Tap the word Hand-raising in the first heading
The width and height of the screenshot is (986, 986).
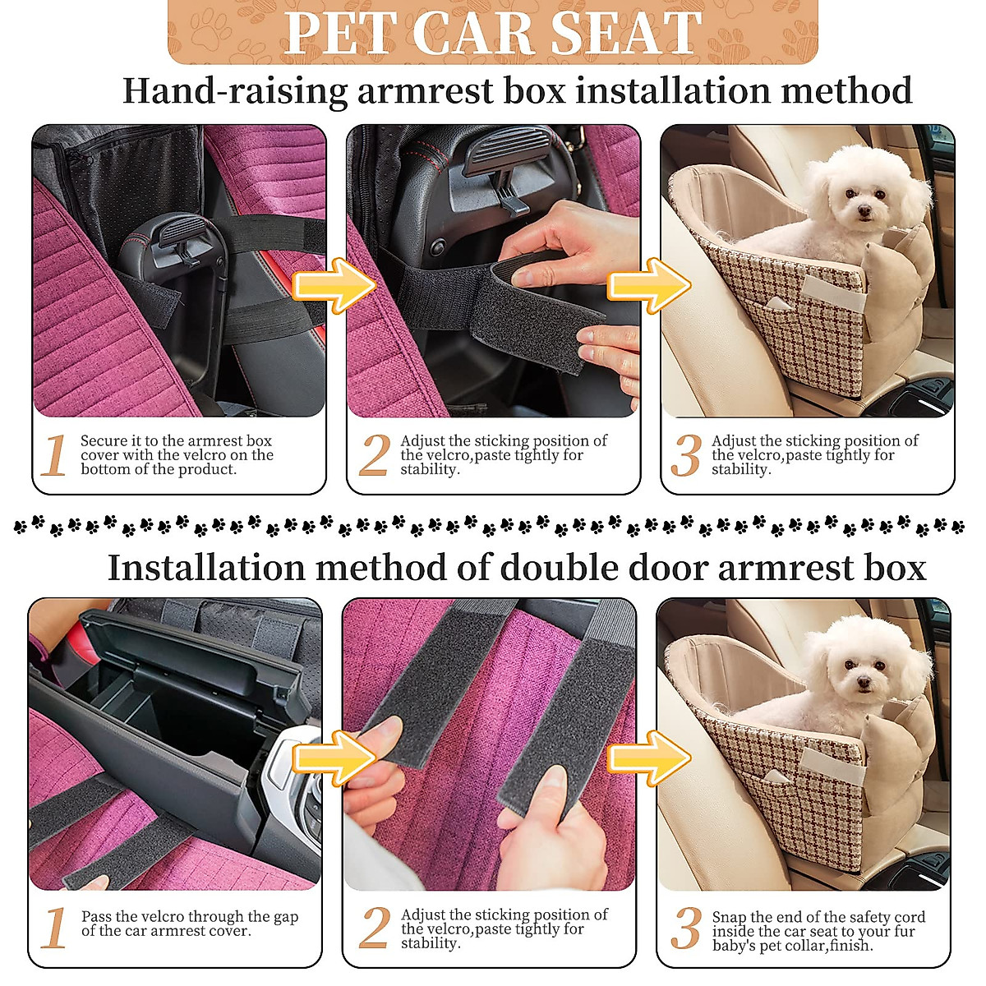[235, 90]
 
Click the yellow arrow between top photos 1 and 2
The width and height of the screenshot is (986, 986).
[334, 284]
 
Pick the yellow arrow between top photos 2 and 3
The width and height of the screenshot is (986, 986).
[648, 284]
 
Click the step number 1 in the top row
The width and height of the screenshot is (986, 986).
[54, 454]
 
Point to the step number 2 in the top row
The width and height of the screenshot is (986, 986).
[374, 454]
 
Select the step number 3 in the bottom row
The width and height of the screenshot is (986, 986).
[685, 928]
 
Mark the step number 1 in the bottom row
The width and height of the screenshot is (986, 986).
[54, 928]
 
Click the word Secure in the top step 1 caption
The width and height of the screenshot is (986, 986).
[104, 441]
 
